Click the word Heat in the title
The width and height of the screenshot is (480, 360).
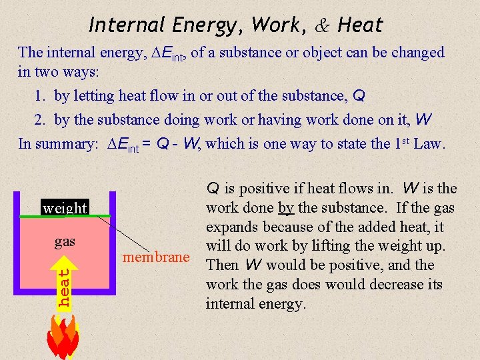coord(361,25)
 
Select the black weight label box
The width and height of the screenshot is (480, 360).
coord(65,207)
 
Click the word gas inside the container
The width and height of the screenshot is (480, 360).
coord(65,240)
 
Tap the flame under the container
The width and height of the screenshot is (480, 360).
coord(63,337)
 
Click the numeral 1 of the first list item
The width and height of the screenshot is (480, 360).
coord(39,96)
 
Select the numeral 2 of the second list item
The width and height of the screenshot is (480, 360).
coord(39,120)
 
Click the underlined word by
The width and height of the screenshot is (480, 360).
coord(286,208)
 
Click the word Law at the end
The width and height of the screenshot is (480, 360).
coord(427,143)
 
